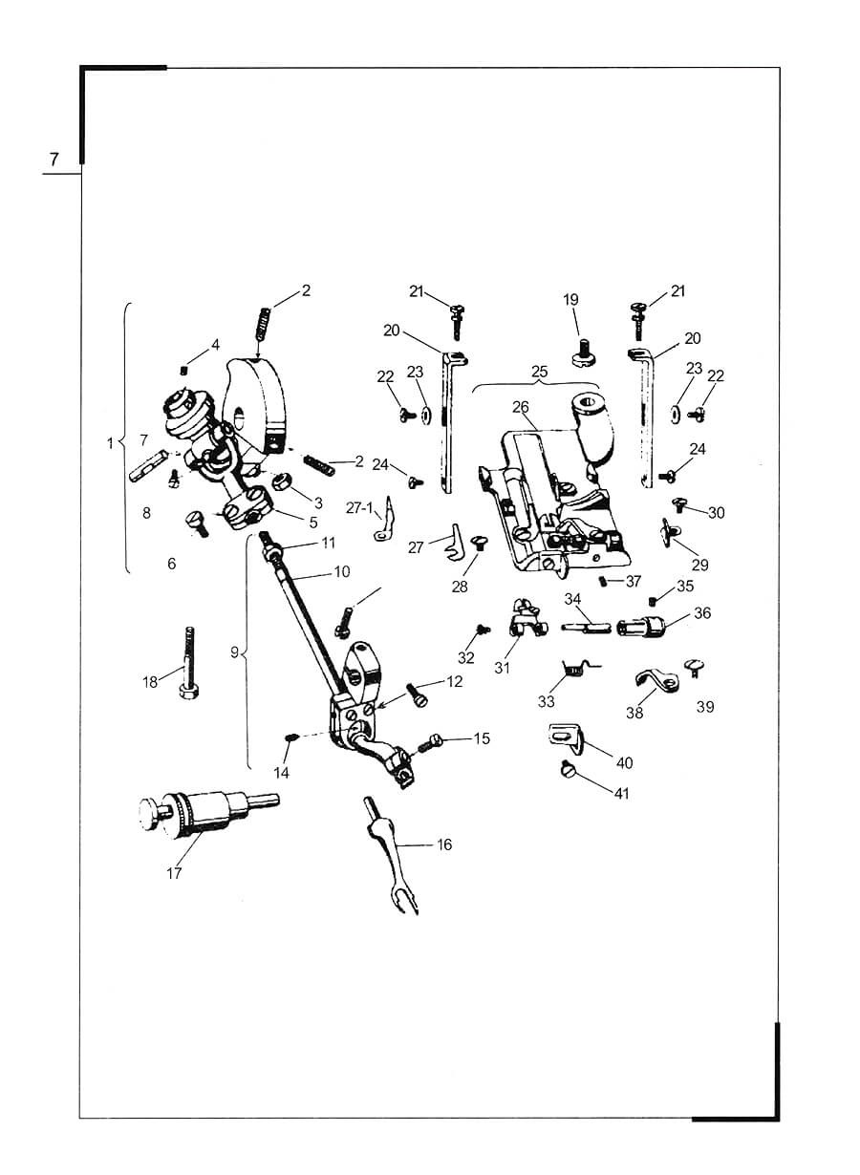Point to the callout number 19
pyautogui.click(x=570, y=299)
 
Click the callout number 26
pyautogui.click(x=520, y=407)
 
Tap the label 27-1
pyautogui.click(x=361, y=507)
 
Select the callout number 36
pyautogui.click(x=702, y=613)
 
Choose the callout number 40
pyautogui.click(x=625, y=763)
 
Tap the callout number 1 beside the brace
pyautogui.click(x=110, y=443)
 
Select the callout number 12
pyautogui.click(x=454, y=682)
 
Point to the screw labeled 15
pyautogui.click(x=433, y=740)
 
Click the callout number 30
pyautogui.click(x=716, y=513)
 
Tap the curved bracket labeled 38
pyautogui.click(x=656, y=681)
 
